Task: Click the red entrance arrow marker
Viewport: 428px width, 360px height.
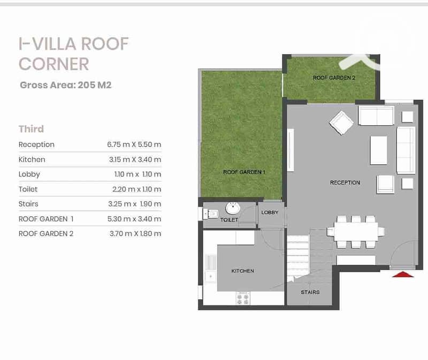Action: coord(403,274)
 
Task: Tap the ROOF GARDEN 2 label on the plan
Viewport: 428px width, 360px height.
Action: coord(334,78)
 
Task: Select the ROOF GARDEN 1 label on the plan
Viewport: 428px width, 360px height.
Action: coord(244,172)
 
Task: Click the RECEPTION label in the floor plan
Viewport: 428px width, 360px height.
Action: coord(345,182)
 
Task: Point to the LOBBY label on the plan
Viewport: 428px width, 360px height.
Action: coord(270,212)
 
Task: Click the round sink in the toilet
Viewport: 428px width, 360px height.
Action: coord(233,208)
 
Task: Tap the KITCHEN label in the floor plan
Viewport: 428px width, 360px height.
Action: coord(242,271)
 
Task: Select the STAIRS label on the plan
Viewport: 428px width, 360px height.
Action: coord(310,292)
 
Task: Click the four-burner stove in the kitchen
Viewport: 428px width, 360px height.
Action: coord(243,298)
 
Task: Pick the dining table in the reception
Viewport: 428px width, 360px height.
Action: coord(356,232)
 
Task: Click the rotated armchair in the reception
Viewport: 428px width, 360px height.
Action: coord(341,123)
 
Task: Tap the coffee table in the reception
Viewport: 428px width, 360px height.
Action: coord(379,150)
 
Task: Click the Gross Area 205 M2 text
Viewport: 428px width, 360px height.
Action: coord(66,85)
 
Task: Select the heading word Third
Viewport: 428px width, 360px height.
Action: coord(31,129)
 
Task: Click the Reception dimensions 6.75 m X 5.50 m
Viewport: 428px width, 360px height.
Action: coord(134,144)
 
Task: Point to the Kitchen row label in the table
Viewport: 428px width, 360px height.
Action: coord(32,159)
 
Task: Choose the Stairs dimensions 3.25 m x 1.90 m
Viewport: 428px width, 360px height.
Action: coord(135,204)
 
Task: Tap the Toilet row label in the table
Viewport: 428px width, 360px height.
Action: coord(28,189)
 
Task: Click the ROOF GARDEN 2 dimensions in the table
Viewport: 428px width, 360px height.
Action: coord(135,234)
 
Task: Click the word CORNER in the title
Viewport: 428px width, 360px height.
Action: coord(54,64)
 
